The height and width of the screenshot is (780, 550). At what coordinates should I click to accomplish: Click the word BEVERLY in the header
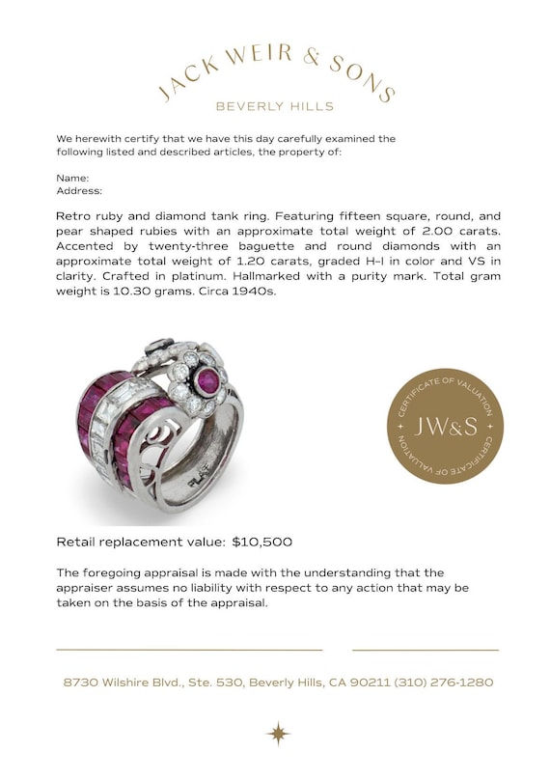[x=248, y=106]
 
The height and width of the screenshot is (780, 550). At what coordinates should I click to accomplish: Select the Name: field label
[x=72, y=178]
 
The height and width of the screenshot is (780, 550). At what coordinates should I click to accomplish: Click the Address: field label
[x=79, y=191]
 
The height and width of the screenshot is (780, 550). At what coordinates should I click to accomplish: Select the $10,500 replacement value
[x=261, y=543]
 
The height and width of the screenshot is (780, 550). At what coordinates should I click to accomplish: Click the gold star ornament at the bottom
[x=278, y=733]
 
